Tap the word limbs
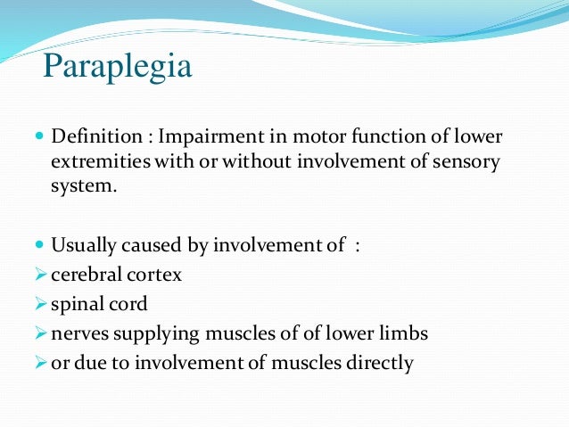click(404, 334)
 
